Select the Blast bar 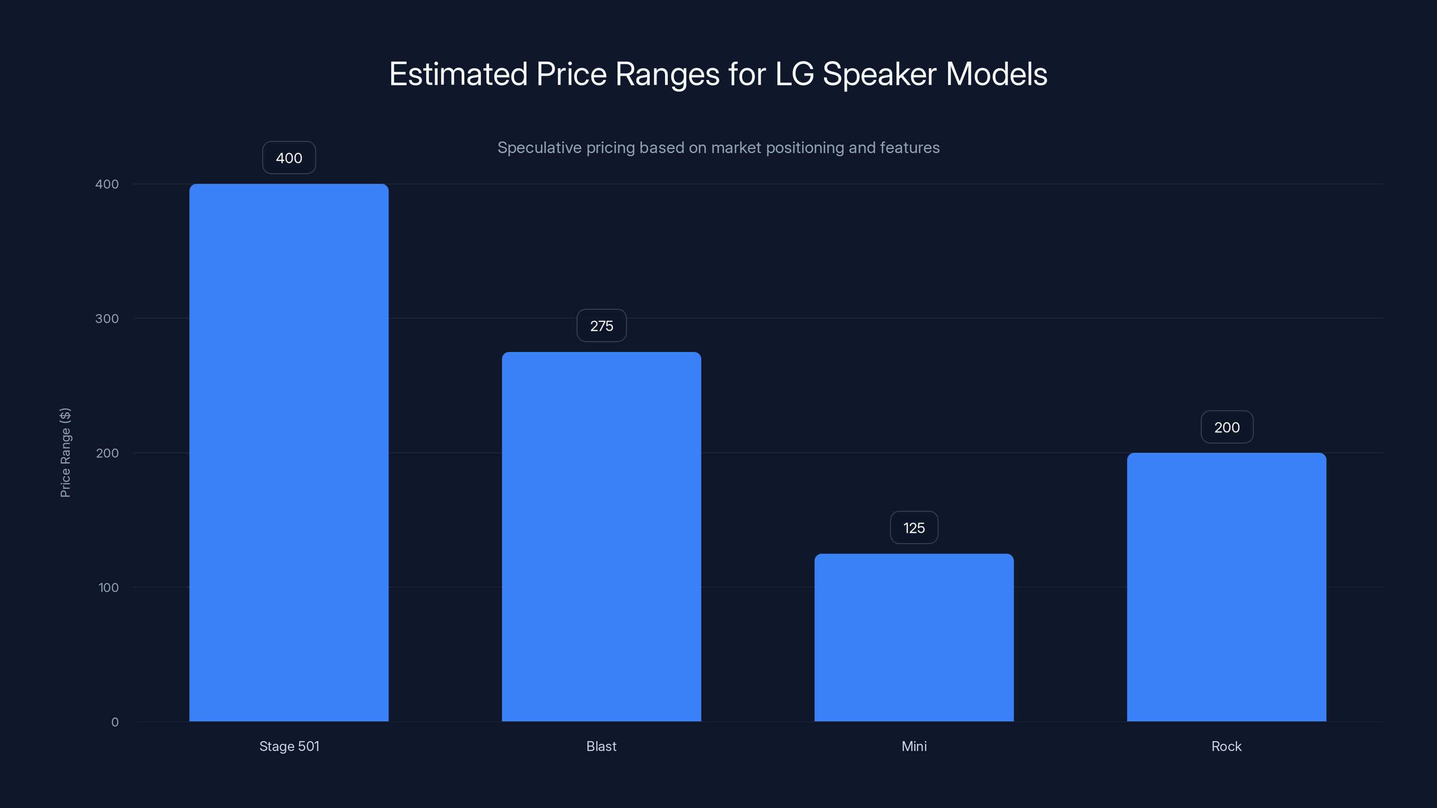click(x=601, y=536)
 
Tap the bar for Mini click(x=914, y=637)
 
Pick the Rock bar click(x=1226, y=587)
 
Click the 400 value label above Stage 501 click(x=289, y=158)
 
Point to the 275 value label click(x=601, y=325)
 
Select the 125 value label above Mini click(x=914, y=527)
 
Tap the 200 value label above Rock click(x=1227, y=427)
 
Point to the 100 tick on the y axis click(x=108, y=587)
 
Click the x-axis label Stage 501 click(x=289, y=746)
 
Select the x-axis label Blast click(x=601, y=746)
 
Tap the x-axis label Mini click(x=914, y=746)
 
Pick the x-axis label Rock click(x=1226, y=746)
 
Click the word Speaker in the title click(x=880, y=74)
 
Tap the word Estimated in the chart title click(x=458, y=74)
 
